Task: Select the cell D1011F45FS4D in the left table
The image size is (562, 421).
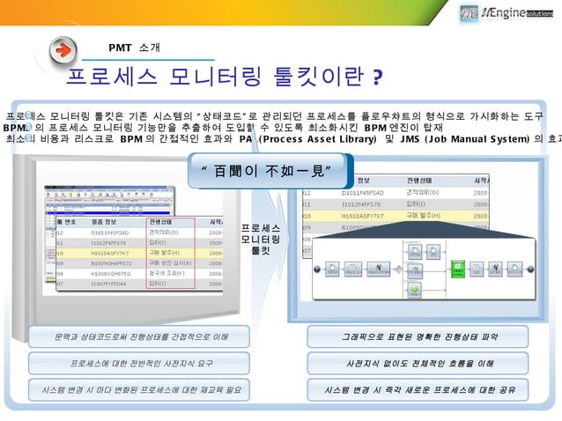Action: tap(110, 232)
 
